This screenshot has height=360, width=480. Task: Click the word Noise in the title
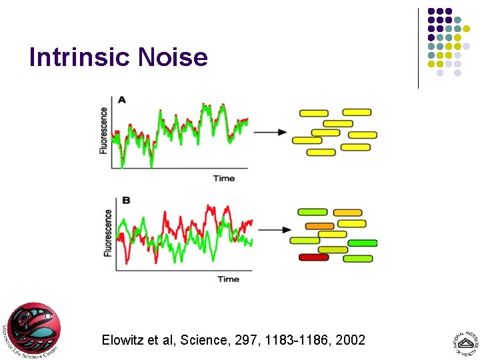(173, 57)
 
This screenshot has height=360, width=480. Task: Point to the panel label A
(121, 99)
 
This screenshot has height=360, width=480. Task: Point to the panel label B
(125, 200)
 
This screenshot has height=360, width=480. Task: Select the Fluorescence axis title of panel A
(104, 131)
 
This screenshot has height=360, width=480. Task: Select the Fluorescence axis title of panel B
(108, 233)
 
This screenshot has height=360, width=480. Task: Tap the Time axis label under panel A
(224, 178)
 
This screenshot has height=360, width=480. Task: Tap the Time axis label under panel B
(228, 279)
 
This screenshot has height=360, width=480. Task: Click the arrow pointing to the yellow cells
(270, 132)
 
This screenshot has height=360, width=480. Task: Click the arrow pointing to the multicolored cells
(274, 230)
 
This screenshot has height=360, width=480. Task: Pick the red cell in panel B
(313, 257)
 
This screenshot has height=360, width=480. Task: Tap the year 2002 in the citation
(351, 341)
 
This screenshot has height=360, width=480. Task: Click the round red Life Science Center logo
(33, 329)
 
